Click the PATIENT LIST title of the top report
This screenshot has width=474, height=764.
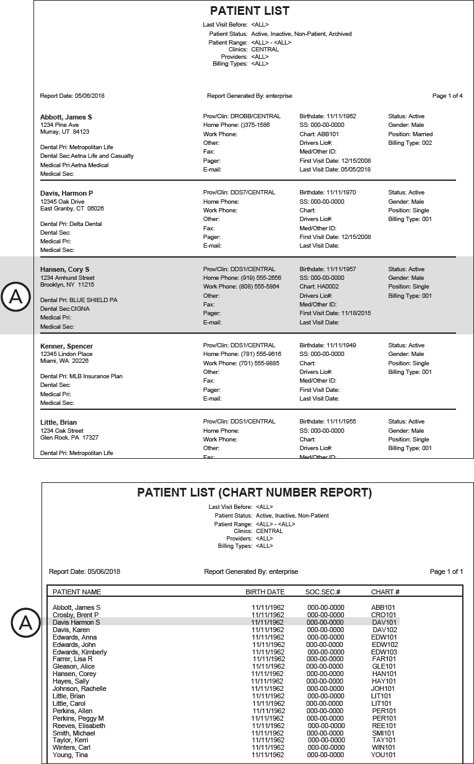point(250,11)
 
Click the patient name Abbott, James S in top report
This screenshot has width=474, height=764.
point(66,116)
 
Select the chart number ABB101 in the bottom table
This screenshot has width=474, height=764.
point(383,607)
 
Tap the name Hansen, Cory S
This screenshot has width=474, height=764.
point(64,269)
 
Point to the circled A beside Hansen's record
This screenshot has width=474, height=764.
point(16,297)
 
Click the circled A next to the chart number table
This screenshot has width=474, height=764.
point(25,623)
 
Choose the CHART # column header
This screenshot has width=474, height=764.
point(385,592)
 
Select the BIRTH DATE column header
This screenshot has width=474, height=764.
point(265,592)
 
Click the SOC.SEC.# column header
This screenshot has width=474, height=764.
point(323,592)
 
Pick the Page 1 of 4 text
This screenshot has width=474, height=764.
point(447,96)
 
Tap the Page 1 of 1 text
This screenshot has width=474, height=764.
point(446,571)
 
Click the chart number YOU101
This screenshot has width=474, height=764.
point(384,755)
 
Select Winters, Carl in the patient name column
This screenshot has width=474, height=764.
point(71,747)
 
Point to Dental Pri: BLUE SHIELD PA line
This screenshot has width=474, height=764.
point(79,300)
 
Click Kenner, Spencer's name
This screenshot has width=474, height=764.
point(66,345)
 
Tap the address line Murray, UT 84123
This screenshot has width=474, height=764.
point(64,132)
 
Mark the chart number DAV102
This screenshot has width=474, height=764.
point(384,630)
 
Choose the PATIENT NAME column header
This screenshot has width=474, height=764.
point(77,592)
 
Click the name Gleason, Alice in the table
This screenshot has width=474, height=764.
point(74,666)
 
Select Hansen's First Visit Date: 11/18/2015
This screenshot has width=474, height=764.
point(335,313)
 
